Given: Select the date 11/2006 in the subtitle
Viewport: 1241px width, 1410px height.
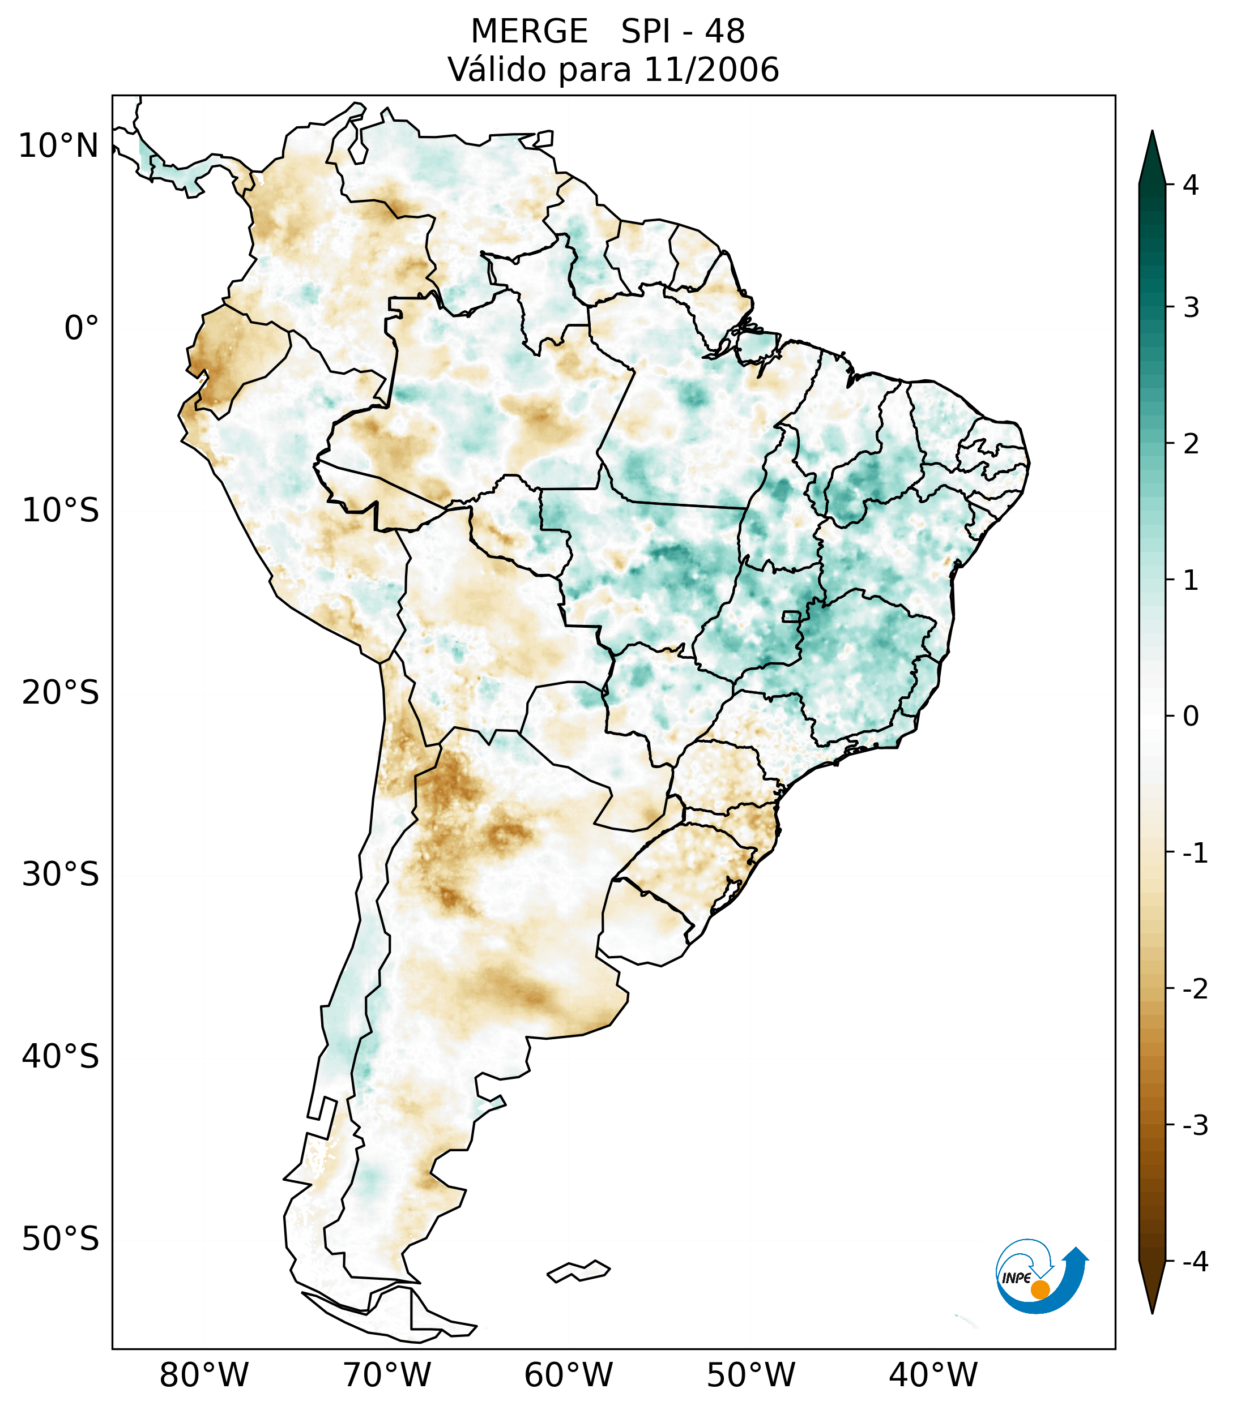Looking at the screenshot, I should pyautogui.click(x=711, y=70).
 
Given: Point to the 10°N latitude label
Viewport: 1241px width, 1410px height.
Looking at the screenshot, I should pyautogui.click(x=59, y=146).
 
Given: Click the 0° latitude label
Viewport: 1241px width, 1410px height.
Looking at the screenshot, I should pyautogui.click(x=82, y=328).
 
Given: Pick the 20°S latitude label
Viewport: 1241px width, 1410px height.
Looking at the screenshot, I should pyautogui.click(x=61, y=693).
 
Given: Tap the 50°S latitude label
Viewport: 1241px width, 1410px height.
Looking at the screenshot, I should pyautogui.click(x=61, y=1240).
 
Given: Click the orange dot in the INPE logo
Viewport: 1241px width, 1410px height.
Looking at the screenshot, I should pyautogui.click(x=1040, y=1289).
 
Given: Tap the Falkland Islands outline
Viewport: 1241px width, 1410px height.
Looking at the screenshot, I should pyautogui.click(x=578, y=1271).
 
